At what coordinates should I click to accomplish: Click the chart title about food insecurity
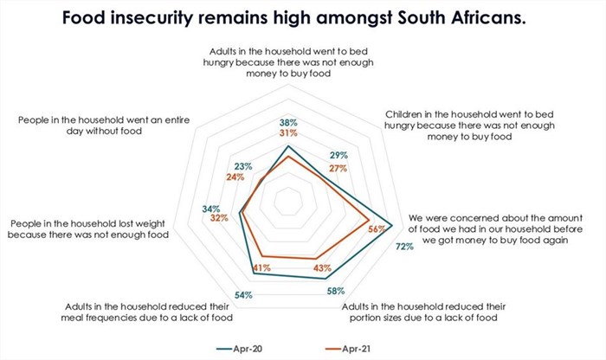[x=303, y=18]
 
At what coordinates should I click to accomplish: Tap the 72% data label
[x=404, y=247]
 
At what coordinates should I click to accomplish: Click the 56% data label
[x=377, y=229]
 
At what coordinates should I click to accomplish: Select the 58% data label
[x=336, y=291]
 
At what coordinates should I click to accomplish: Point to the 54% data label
[x=243, y=295]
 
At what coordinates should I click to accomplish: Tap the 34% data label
[x=210, y=209]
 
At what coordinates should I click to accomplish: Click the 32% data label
[x=219, y=218]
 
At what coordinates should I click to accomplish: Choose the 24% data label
[x=235, y=177]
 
